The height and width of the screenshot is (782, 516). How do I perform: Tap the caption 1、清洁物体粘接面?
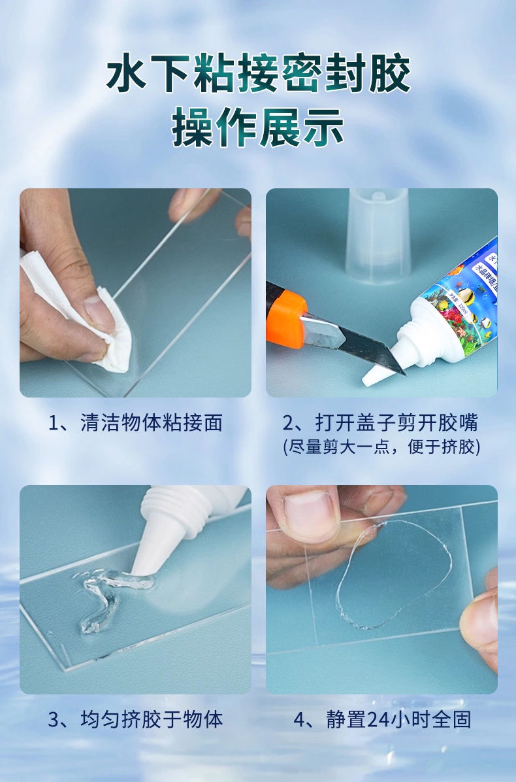pos(135,422)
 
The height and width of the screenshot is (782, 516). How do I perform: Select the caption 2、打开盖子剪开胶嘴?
pos(381,422)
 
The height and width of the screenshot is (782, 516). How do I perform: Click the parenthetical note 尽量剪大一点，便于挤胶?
pos(381,447)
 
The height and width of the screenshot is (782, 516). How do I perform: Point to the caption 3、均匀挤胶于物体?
pos(135,720)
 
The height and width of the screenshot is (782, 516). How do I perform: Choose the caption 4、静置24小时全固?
pos(381,720)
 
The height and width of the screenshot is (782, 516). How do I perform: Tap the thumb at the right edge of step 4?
pos(480,624)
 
